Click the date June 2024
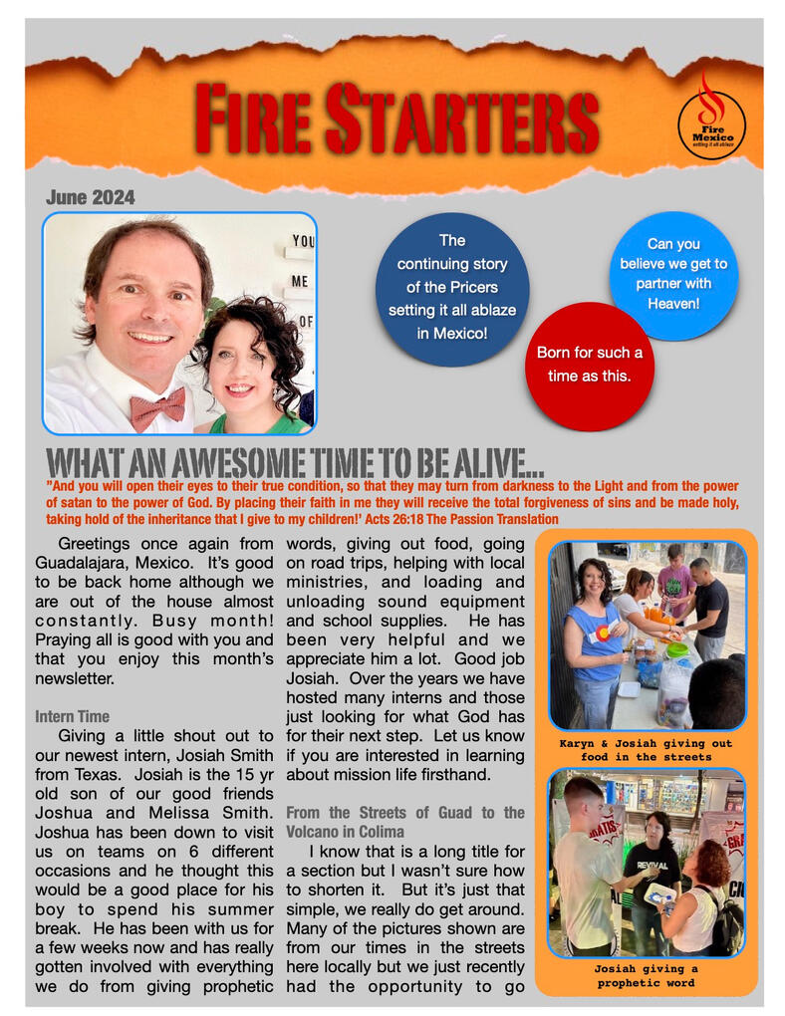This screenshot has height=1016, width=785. click(x=90, y=197)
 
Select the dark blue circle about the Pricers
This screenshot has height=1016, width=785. click(x=452, y=289)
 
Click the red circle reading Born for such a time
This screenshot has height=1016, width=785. click(x=589, y=366)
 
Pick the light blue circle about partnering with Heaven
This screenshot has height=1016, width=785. click(x=673, y=274)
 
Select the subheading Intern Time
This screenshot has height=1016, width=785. click(x=72, y=716)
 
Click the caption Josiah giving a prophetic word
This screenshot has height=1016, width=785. click(x=647, y=976)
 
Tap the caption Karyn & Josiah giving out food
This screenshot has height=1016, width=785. click(x=647, y=750)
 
